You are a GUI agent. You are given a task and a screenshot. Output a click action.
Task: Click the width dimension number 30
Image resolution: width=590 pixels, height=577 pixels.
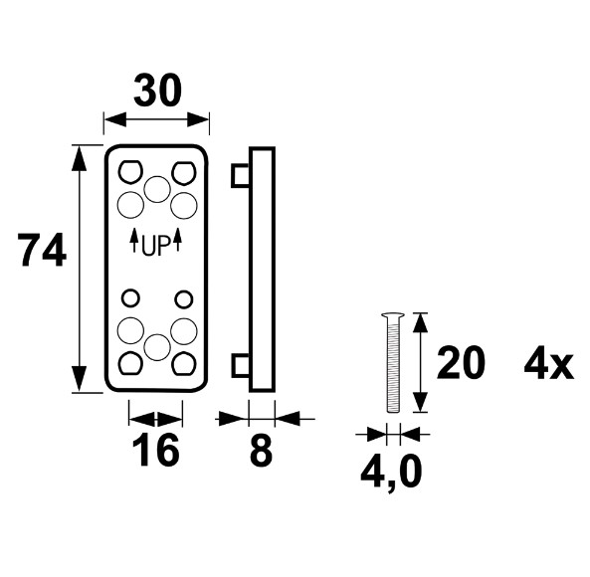157,91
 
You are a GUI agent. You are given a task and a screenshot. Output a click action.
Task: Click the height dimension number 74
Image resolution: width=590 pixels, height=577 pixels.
43,251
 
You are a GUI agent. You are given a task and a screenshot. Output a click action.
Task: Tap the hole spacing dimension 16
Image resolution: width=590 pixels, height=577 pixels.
155,450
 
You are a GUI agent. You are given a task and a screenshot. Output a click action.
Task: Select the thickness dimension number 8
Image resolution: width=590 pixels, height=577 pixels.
261,450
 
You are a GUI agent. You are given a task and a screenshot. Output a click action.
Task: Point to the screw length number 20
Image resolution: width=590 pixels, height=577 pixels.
461,362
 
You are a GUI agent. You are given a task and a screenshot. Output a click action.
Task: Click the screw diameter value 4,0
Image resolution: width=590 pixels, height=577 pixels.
391,473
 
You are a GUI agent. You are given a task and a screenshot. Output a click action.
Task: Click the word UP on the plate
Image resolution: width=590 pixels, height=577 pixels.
156,247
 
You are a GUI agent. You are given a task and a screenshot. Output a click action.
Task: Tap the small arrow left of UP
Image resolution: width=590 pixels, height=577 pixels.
133,240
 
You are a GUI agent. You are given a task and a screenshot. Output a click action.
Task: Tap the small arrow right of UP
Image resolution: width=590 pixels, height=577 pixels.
178,240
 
